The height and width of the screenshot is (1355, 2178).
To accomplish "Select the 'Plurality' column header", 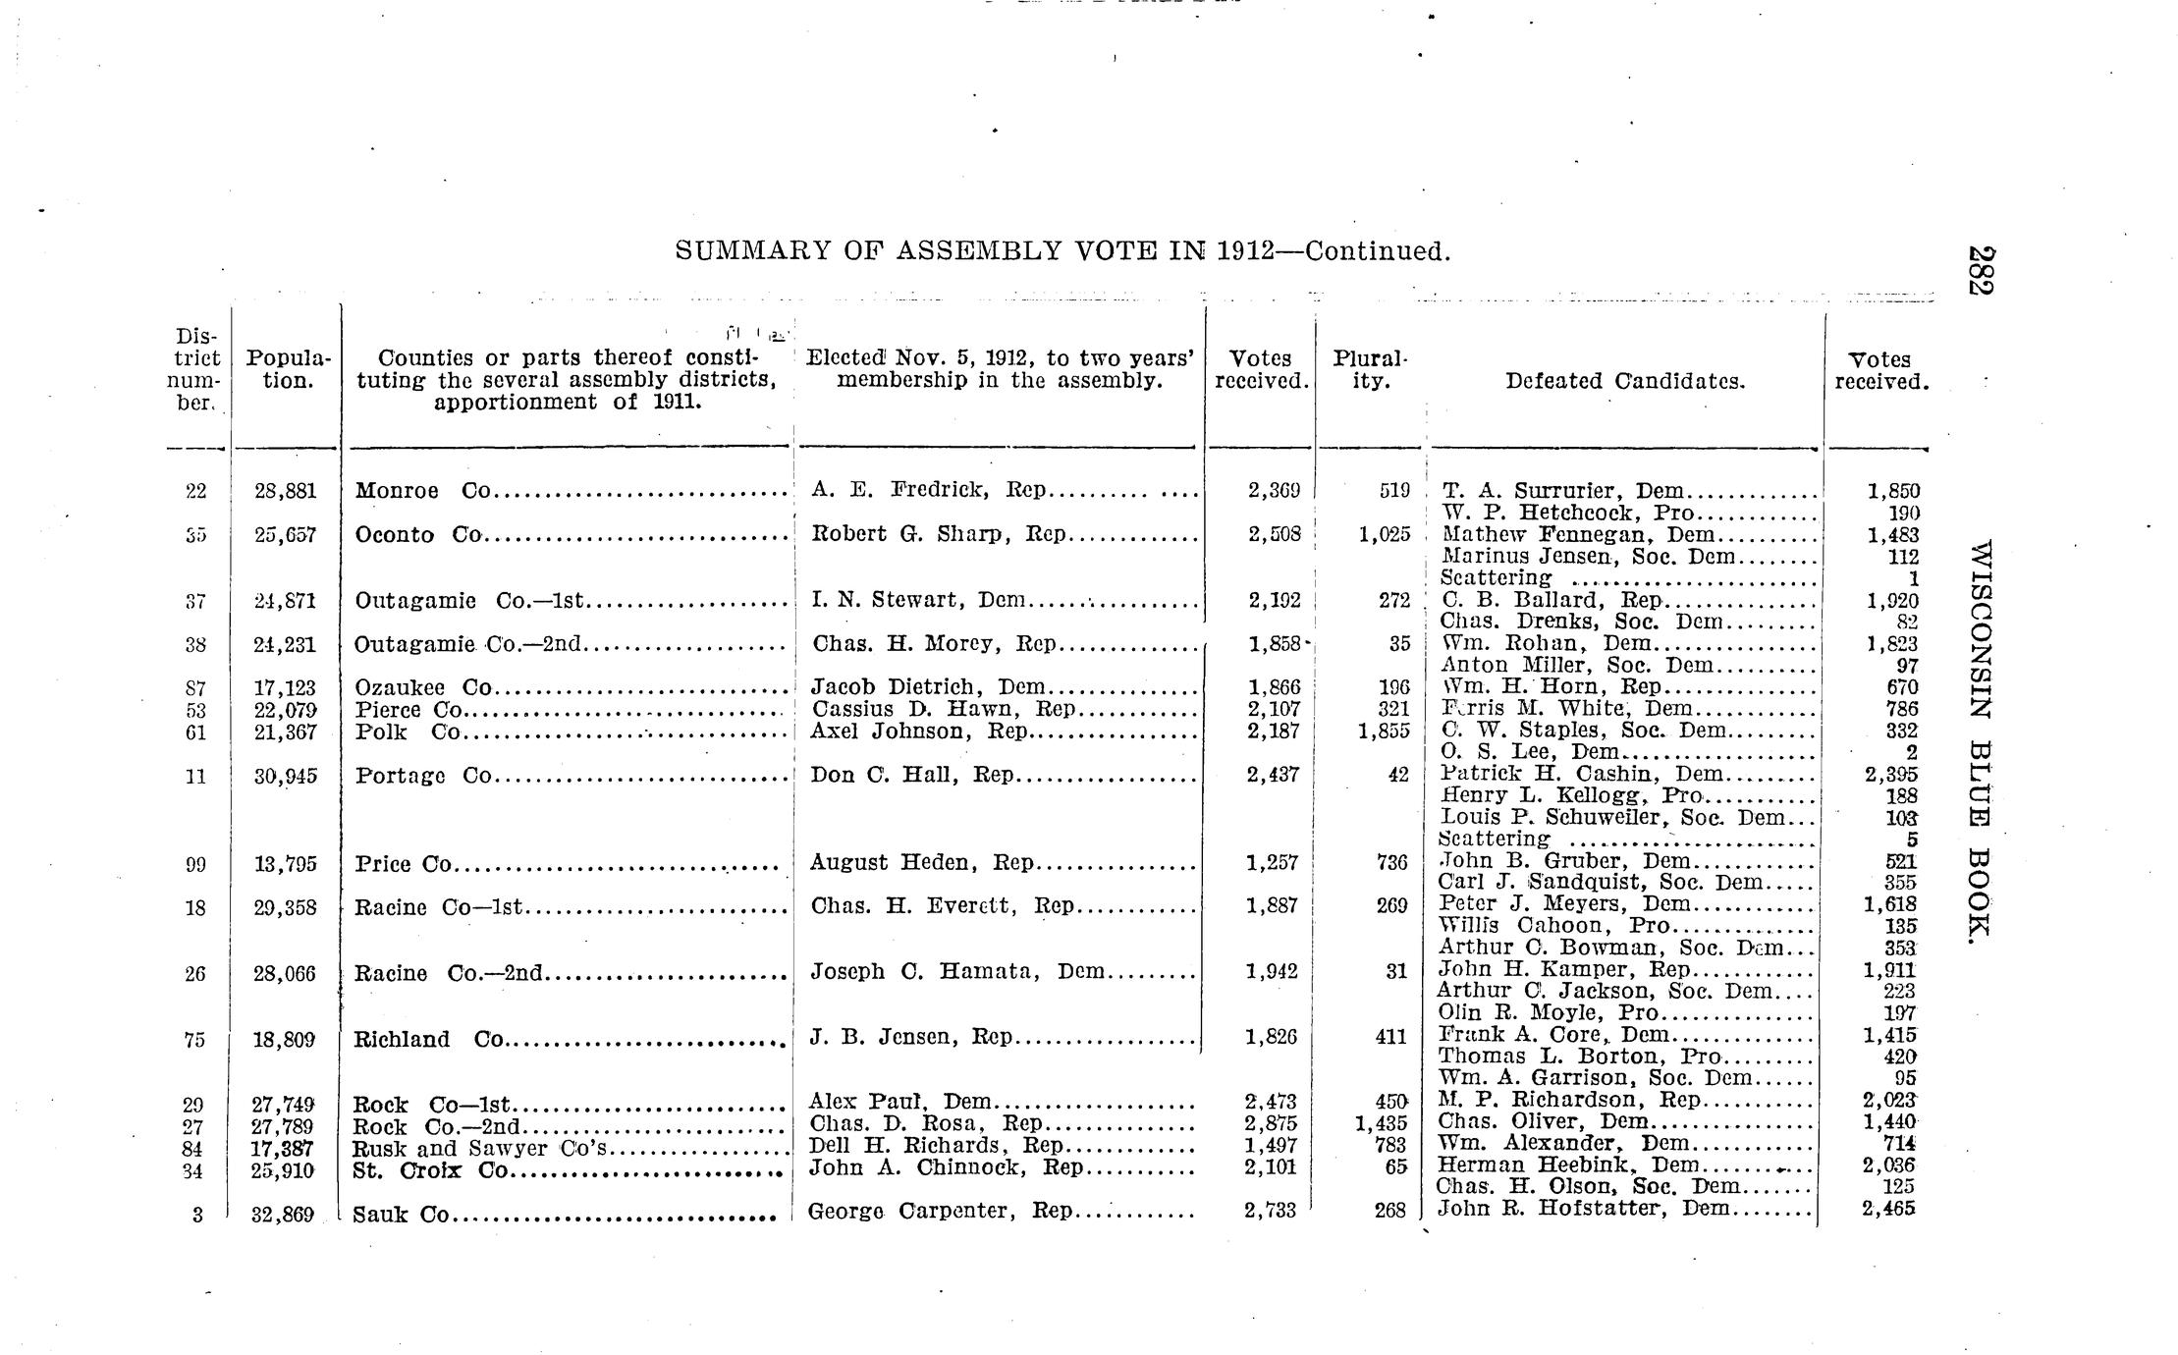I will point(1370,369).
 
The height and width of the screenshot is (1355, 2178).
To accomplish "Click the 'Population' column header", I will point(288,369).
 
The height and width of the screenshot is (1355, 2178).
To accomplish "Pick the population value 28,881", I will point(285,490).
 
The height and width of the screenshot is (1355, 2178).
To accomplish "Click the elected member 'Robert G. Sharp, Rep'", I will point(939,534).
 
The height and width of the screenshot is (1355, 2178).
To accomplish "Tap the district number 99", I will point(195,865).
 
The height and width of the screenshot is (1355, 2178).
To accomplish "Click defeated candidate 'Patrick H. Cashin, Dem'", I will point(1581,774).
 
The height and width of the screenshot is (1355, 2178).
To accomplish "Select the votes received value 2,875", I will point(1271,1123).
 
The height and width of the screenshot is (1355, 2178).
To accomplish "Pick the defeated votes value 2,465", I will point(1887,1210).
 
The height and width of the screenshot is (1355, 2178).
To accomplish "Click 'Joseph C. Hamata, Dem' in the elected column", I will point(957,972).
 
